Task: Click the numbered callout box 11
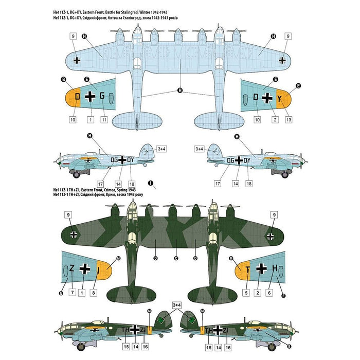click(104, 119)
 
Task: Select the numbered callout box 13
click(289, 119)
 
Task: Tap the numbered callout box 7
click(72, 293)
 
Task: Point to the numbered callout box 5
click(246, 293)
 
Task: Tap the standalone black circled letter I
click(150, 183)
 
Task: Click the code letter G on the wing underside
click(102, 96)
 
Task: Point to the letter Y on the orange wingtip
click(280, 98)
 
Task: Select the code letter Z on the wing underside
click(72, 268)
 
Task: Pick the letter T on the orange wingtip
click(247, 268)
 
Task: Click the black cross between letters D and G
click(91, 96)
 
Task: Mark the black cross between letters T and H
click(262, 268)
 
